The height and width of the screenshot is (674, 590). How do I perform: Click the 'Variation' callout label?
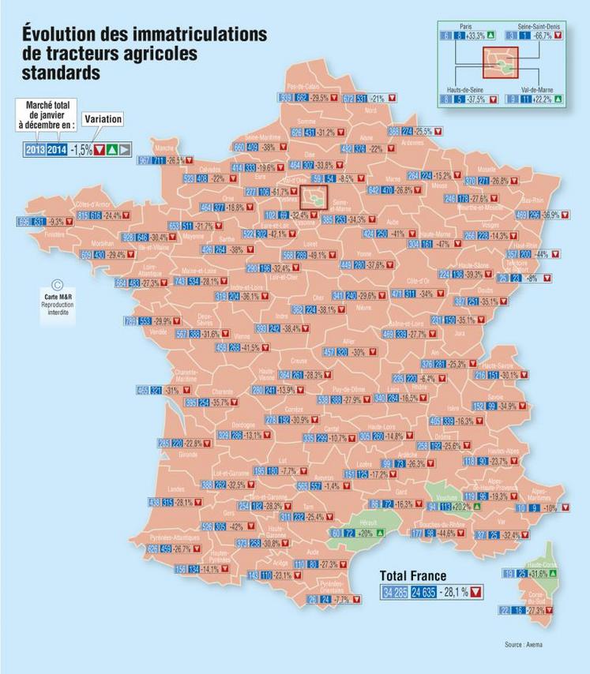pyautogui.click(x=102, y=119)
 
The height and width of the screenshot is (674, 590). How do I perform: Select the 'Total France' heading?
pyautogui.click(x=413, y=575)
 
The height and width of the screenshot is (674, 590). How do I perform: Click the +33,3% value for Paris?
pyautogui.click(x=475, y=36)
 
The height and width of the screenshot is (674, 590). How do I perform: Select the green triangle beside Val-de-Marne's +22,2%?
pyautogui.click(x=558, y=99)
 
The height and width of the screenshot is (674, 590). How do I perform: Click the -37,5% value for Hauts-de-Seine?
pyautogui.click(x=476, y=99)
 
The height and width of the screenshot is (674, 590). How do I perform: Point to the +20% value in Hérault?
pyautogui.click(x=364, y=534)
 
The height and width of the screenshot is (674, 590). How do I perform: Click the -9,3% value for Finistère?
pyautogui.click(x=55, y=223)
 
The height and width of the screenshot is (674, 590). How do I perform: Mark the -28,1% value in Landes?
pyautogui.click(x=183, y=503)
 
